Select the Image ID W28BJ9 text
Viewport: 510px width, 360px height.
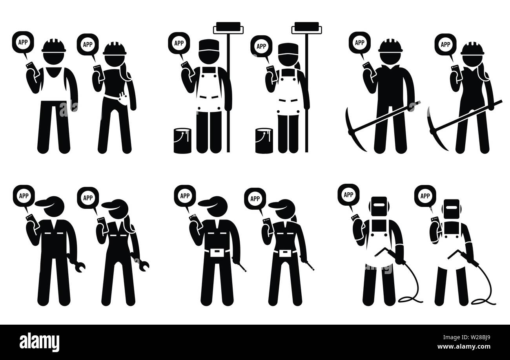tap(466, 338)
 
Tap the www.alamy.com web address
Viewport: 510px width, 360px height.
tap(464, 347)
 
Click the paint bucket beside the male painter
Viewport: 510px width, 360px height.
tap(182, 141)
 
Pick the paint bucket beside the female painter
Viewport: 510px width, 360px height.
tap(264, 141)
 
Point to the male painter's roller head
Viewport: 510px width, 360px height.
tap(228, 28)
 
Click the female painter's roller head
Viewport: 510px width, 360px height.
tap(307, 28)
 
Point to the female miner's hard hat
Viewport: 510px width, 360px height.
tap(473, 48)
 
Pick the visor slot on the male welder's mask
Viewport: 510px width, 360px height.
tap(379, 205)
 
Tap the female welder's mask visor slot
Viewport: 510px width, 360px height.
tap(452, 208)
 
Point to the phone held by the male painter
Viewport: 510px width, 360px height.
tap(188, 68)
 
